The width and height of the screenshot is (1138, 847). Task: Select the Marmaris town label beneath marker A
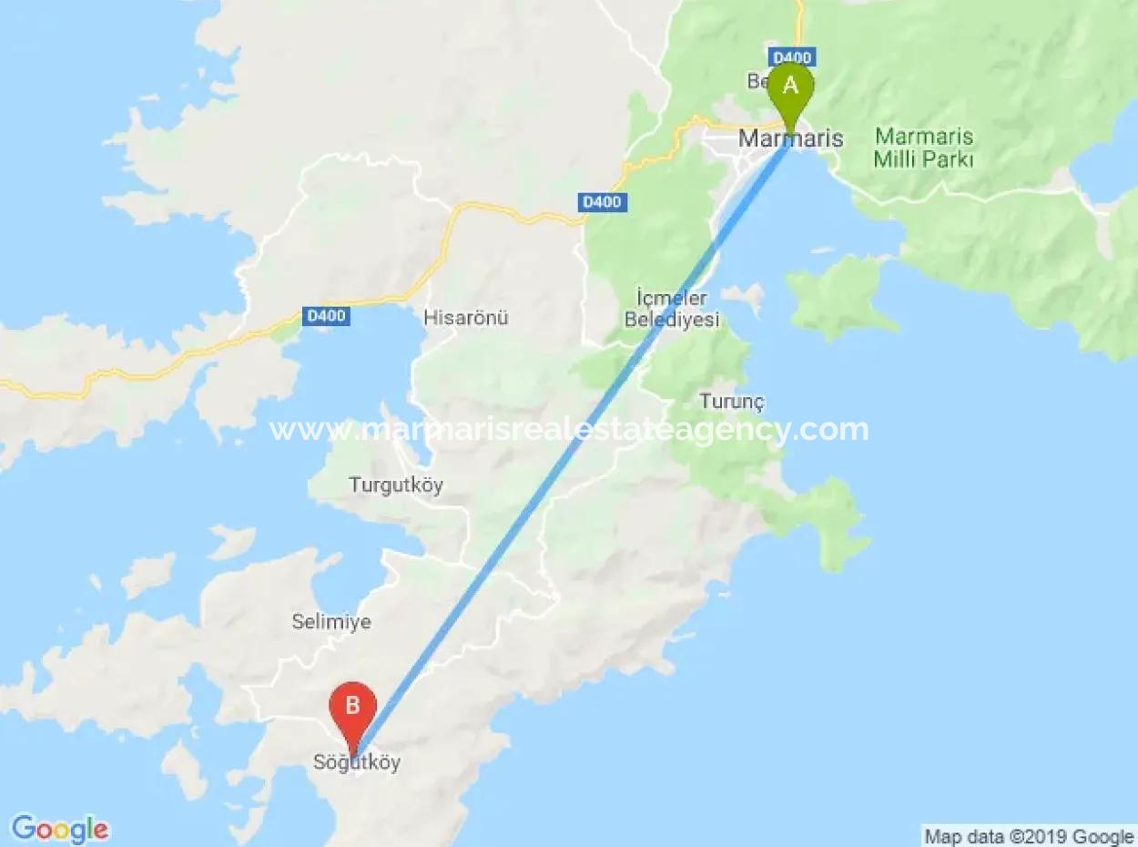790,139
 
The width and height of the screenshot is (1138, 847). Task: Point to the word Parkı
949,159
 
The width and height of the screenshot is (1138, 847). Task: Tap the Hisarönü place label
465,318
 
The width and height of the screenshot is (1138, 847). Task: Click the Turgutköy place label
396,485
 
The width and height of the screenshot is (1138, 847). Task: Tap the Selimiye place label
330,622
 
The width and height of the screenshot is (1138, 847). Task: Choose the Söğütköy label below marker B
357,763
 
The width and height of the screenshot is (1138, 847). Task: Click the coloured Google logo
60,828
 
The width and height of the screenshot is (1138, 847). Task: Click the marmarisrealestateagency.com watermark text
569,429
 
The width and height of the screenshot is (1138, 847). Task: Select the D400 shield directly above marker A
790,57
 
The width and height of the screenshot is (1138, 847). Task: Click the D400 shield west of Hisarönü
326,316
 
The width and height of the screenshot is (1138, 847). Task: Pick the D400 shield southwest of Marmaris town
602,202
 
